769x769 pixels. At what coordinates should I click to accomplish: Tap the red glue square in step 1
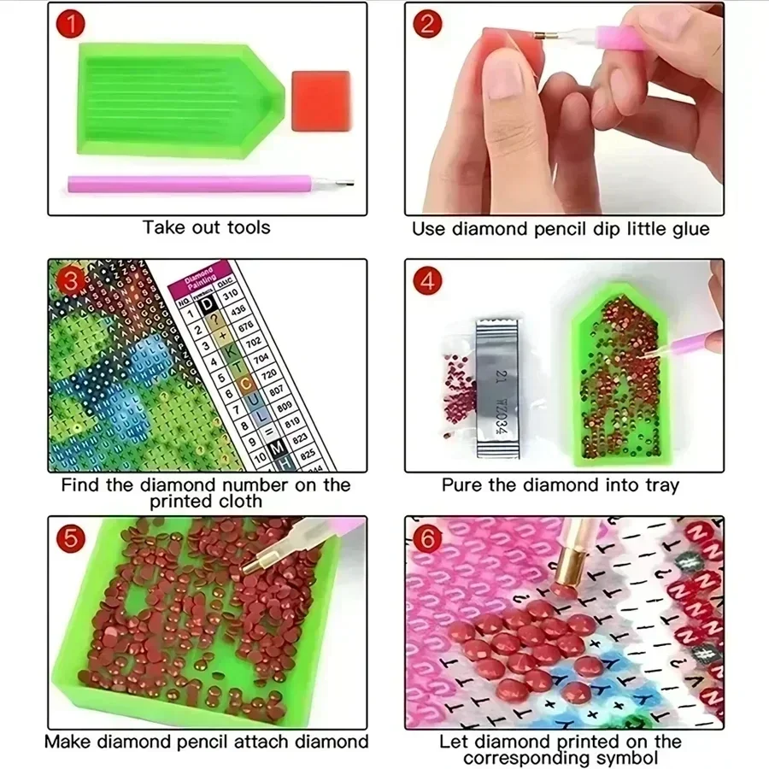coord(320,100)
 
